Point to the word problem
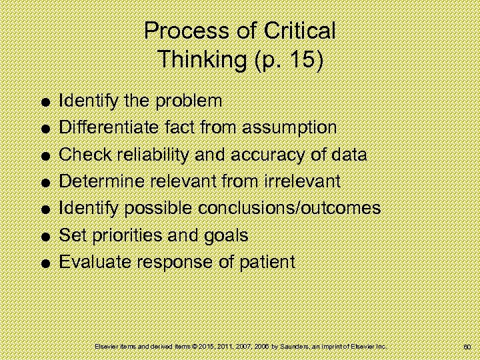[189, 101]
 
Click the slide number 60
[467, 347]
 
